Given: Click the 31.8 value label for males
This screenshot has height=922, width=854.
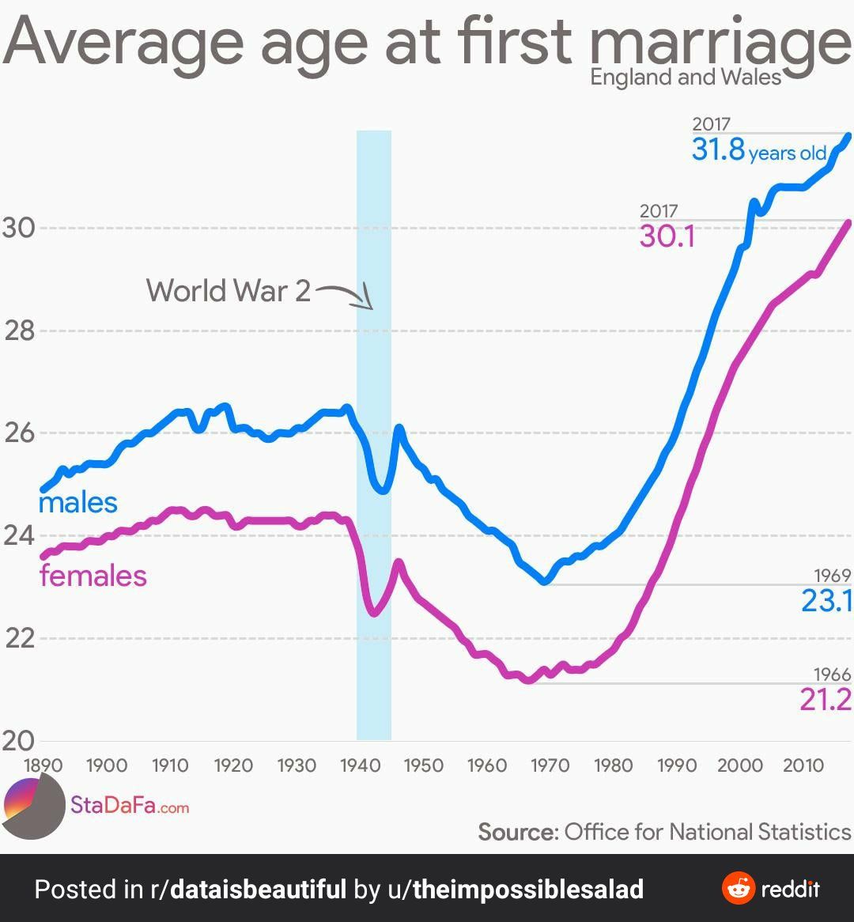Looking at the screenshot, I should [719, 149].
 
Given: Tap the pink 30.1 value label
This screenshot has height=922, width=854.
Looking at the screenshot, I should [667, 236].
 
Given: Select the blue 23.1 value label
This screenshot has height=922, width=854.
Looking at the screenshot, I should [826, 601].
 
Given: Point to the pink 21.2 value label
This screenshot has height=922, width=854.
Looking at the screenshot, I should [826, 699].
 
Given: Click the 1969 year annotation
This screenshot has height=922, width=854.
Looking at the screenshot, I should [832, 576].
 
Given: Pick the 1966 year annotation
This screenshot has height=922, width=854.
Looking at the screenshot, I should [832, 674].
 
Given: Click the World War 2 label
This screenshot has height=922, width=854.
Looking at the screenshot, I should [229, 291].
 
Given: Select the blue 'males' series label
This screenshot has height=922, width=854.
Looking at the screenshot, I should [77, 502].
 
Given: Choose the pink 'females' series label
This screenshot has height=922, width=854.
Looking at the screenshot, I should [93, 575].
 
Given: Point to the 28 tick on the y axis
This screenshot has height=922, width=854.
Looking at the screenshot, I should [20, 331].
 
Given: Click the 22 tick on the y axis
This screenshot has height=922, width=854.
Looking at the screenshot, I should [20, 638].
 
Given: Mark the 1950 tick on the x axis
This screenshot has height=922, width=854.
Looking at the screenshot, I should [423, 765].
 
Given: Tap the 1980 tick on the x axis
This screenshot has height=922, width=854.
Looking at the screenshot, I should [614, 765].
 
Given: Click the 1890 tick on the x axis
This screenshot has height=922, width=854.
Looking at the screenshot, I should [43, 765].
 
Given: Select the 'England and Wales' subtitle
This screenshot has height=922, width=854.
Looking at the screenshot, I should [686, 77].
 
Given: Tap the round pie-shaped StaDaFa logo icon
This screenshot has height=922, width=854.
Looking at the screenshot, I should [33, 806].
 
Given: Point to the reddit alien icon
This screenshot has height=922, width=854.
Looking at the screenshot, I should [739, 889].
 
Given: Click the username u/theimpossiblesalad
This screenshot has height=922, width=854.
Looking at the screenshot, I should [515, 890].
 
